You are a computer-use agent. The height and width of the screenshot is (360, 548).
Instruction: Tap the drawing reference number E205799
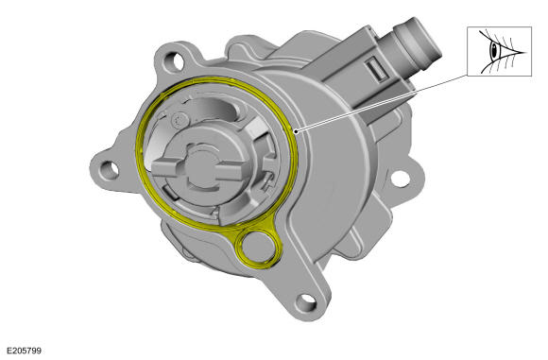click(x=25, y=351)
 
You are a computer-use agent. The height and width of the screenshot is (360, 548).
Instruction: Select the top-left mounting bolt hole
click(x=174, y=60)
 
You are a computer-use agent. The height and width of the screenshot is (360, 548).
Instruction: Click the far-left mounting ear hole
click(x=109, y=170)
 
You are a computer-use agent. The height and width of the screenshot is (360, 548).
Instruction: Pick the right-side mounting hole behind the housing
click(x=401, y=179)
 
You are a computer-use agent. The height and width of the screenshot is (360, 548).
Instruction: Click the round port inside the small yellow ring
click(x=259, y=246)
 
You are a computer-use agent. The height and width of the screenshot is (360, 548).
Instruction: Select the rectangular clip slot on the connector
click(x=376, y=69)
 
